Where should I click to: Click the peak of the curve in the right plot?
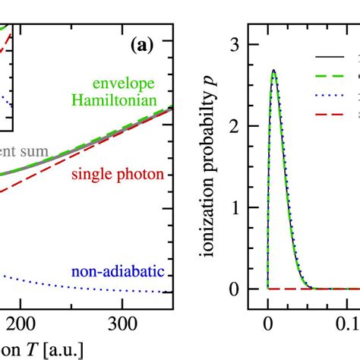[273, 71]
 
